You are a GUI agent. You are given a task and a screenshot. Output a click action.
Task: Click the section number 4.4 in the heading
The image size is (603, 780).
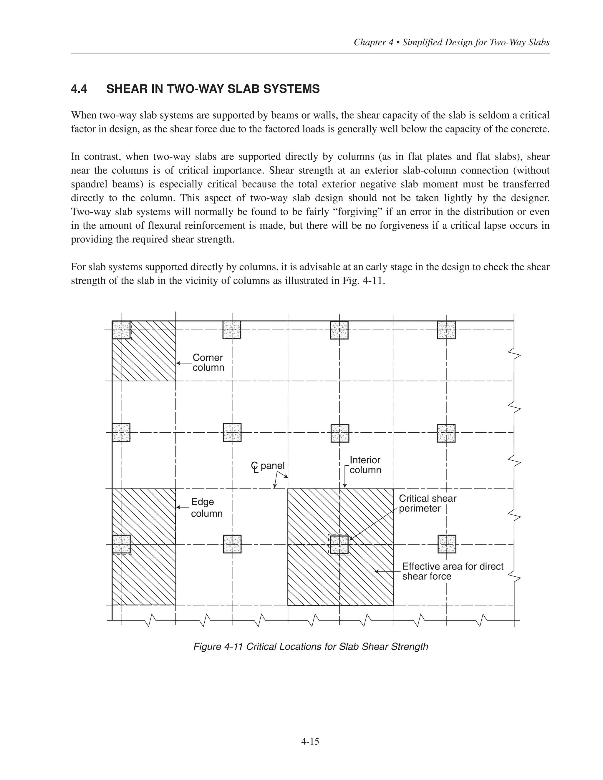pos(79,89)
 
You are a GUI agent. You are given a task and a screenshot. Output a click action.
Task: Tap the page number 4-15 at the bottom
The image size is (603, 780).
pos(310,741)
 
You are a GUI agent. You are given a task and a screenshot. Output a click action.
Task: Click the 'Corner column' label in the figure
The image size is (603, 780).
pos(208,363)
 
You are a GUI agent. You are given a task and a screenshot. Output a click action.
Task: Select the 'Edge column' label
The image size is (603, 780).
pos(206,507)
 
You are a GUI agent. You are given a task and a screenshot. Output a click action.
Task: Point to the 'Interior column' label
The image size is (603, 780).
pos(365,465)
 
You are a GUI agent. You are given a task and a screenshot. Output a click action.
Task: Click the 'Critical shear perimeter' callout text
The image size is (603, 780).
pos(427,503)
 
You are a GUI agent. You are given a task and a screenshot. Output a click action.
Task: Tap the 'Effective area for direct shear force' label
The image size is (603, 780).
pos(452,571)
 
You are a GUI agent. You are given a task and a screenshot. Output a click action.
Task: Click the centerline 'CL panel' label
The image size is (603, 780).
pos(268,466)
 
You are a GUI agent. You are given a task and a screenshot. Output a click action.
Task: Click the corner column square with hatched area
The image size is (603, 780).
pos(121,330)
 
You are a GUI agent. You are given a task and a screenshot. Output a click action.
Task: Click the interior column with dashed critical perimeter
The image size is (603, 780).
pos(339,545)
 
